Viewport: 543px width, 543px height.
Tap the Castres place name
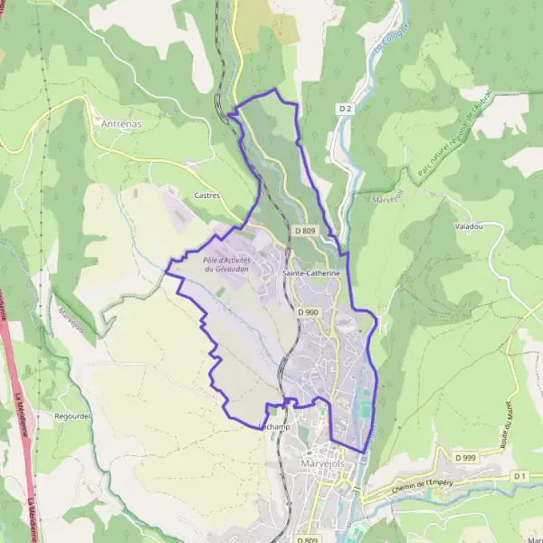pos(207,195)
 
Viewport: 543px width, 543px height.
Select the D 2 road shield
pos(345,109)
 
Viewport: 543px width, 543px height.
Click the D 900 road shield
pos(308,312)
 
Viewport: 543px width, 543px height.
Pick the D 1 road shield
pos(519,475)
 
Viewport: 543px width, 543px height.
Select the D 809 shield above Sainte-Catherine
pos(305,231)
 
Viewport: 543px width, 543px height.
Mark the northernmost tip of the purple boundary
pos(275,91)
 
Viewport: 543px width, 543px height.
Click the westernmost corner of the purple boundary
pos(166,266)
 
